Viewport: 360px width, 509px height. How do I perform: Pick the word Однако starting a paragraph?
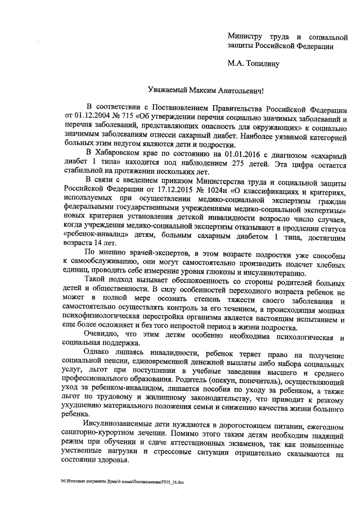point(97,353)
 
